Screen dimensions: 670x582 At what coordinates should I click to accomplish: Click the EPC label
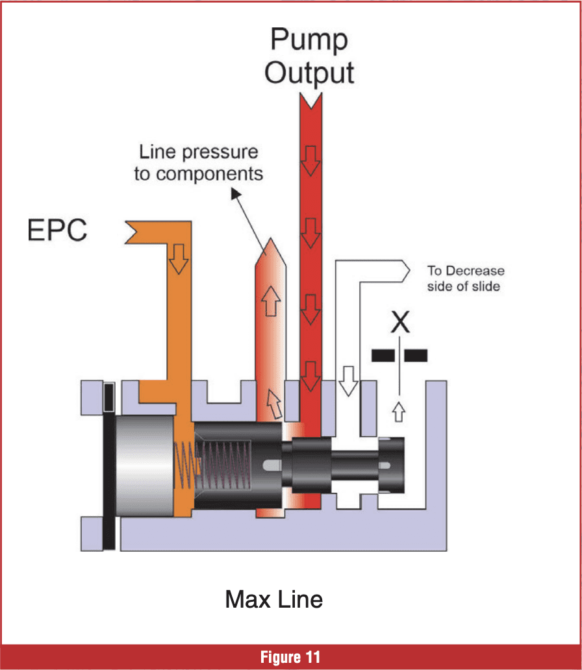[x=57, y=231]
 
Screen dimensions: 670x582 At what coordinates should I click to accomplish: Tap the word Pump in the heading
[x=309, y=40]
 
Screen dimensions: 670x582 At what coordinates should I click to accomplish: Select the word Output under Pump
[x=309, y=72]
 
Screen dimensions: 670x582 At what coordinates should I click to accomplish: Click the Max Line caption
[x=273, y=599]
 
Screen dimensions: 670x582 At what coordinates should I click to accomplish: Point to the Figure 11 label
[x=290, y=657]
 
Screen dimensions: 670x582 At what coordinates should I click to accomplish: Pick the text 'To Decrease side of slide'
[x=465, y=278]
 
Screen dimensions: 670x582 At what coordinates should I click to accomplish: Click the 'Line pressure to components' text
[x=198, y=163]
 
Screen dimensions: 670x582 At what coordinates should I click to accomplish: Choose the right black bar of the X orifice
[x=416, y=355]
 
